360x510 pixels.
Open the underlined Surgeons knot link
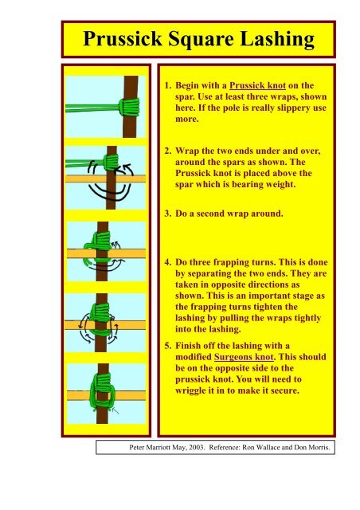click(x=241, y=359)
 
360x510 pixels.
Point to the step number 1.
click(x=166, y=84)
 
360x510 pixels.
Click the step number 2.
click(x=166, y=149)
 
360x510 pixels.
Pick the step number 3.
click(x=166, y=214)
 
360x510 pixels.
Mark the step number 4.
click(x=166, y=261)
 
